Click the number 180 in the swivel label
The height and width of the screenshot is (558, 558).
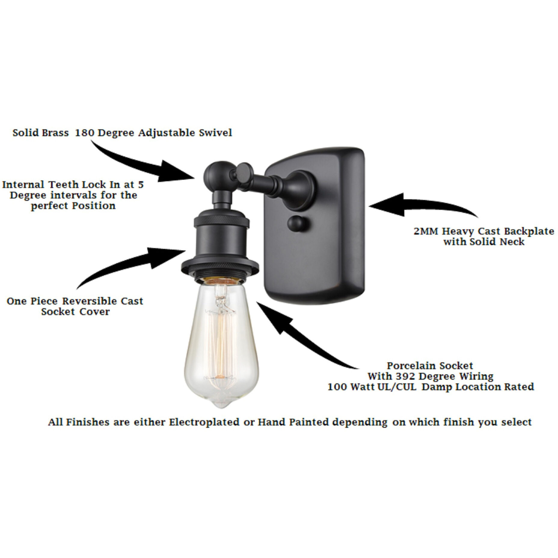tap(84, 133)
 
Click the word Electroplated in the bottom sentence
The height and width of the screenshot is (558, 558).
tap(204, 422)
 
